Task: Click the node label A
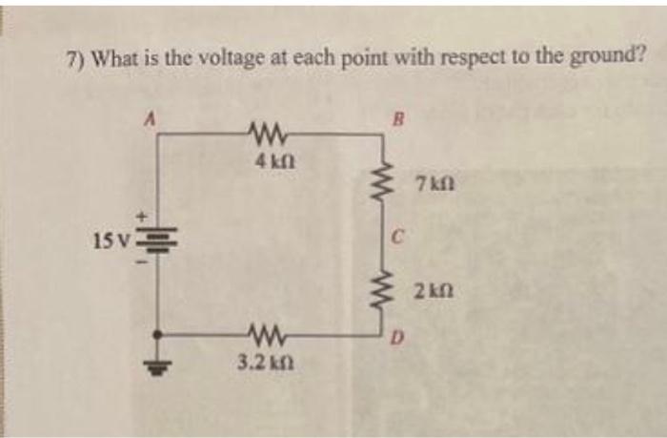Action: [149, 119]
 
